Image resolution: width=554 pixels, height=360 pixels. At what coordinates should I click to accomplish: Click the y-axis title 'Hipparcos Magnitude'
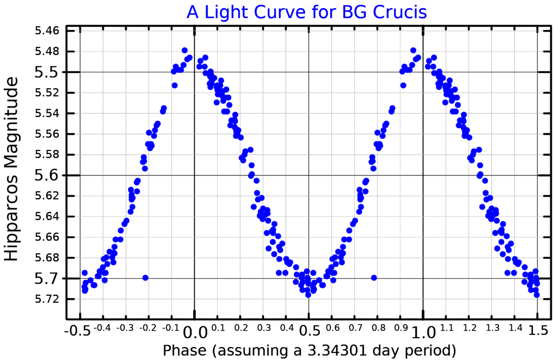11,169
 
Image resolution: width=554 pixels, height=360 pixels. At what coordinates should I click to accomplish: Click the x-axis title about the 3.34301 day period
309,350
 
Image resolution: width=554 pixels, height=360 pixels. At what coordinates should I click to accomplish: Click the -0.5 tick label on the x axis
77,331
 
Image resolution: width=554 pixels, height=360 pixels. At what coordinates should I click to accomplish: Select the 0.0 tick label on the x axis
195,332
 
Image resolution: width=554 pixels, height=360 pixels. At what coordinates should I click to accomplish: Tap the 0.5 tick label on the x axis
309,331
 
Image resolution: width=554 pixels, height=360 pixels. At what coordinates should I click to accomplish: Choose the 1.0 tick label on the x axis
423,332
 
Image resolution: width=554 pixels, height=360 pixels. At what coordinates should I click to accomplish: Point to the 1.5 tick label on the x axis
538,331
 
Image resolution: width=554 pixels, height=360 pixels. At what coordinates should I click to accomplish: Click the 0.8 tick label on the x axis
379,328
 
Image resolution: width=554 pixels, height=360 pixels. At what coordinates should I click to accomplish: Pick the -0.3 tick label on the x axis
125,328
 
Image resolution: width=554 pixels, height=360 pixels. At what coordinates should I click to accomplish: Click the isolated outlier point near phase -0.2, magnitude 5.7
145,278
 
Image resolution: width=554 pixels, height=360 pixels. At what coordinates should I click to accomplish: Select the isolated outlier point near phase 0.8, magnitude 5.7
374,278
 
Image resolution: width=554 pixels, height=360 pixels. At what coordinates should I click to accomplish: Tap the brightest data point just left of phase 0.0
184,50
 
